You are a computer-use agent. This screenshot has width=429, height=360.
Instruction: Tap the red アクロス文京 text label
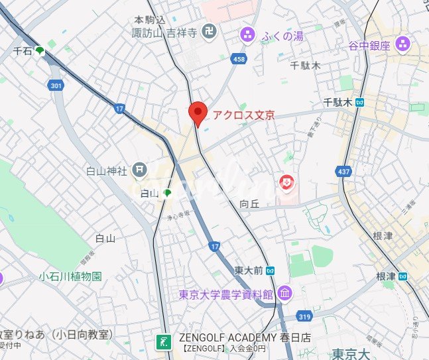(x=243, y=114)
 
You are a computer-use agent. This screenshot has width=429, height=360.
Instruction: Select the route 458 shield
(x=239, y=60)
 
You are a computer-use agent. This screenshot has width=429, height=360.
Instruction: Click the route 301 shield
(x=56, y=85)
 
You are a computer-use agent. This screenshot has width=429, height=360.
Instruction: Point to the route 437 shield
(x=344, y=172)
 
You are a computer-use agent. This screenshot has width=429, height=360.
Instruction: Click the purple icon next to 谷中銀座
(x=402, y=45)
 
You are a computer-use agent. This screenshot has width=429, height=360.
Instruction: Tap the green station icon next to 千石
(x=40, y=50)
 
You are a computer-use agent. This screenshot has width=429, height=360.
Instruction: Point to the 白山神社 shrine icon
(x=139, y=170)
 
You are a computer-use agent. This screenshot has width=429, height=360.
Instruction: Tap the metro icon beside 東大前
(x=270, y=270)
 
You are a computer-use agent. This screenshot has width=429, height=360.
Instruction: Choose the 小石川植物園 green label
(x=70, y=276)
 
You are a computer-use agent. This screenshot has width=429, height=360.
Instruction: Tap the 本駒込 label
(x=149, y=21)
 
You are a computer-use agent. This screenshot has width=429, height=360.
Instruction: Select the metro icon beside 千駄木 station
(x=359, y=102)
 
